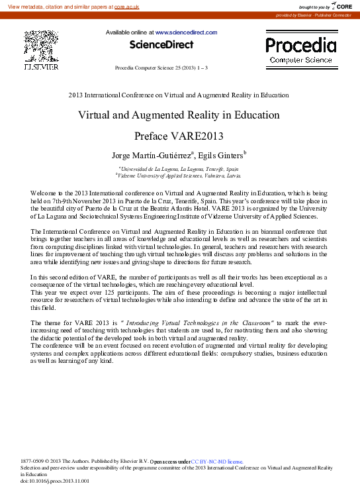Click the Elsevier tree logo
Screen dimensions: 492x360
(x=41, y=46)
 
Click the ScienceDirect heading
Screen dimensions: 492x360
(x=161, y=45)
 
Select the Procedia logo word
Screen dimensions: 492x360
(x=300, y=45)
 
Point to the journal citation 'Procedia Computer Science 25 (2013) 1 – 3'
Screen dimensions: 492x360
(x=161, y=68)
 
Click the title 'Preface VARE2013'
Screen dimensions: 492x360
(x=179, y=137)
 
